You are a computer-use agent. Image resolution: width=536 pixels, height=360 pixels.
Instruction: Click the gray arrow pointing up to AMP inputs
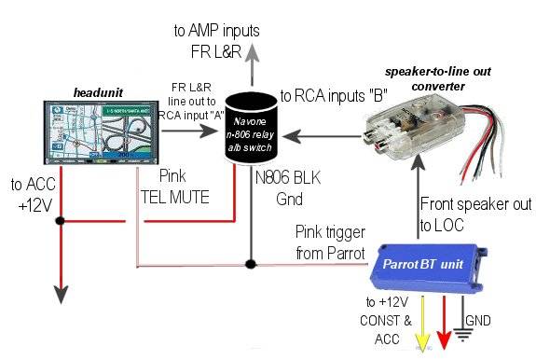pyautogui.click(x=252, y=68)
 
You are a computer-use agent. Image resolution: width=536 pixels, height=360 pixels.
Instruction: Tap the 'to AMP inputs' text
pyautogui.click(x=216, y=31)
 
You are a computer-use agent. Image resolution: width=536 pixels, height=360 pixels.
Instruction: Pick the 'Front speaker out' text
pyautogui.click(x=474, y=203)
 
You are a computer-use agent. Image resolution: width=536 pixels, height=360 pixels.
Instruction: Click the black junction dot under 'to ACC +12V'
pyautogui.click(x=60, y=222)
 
